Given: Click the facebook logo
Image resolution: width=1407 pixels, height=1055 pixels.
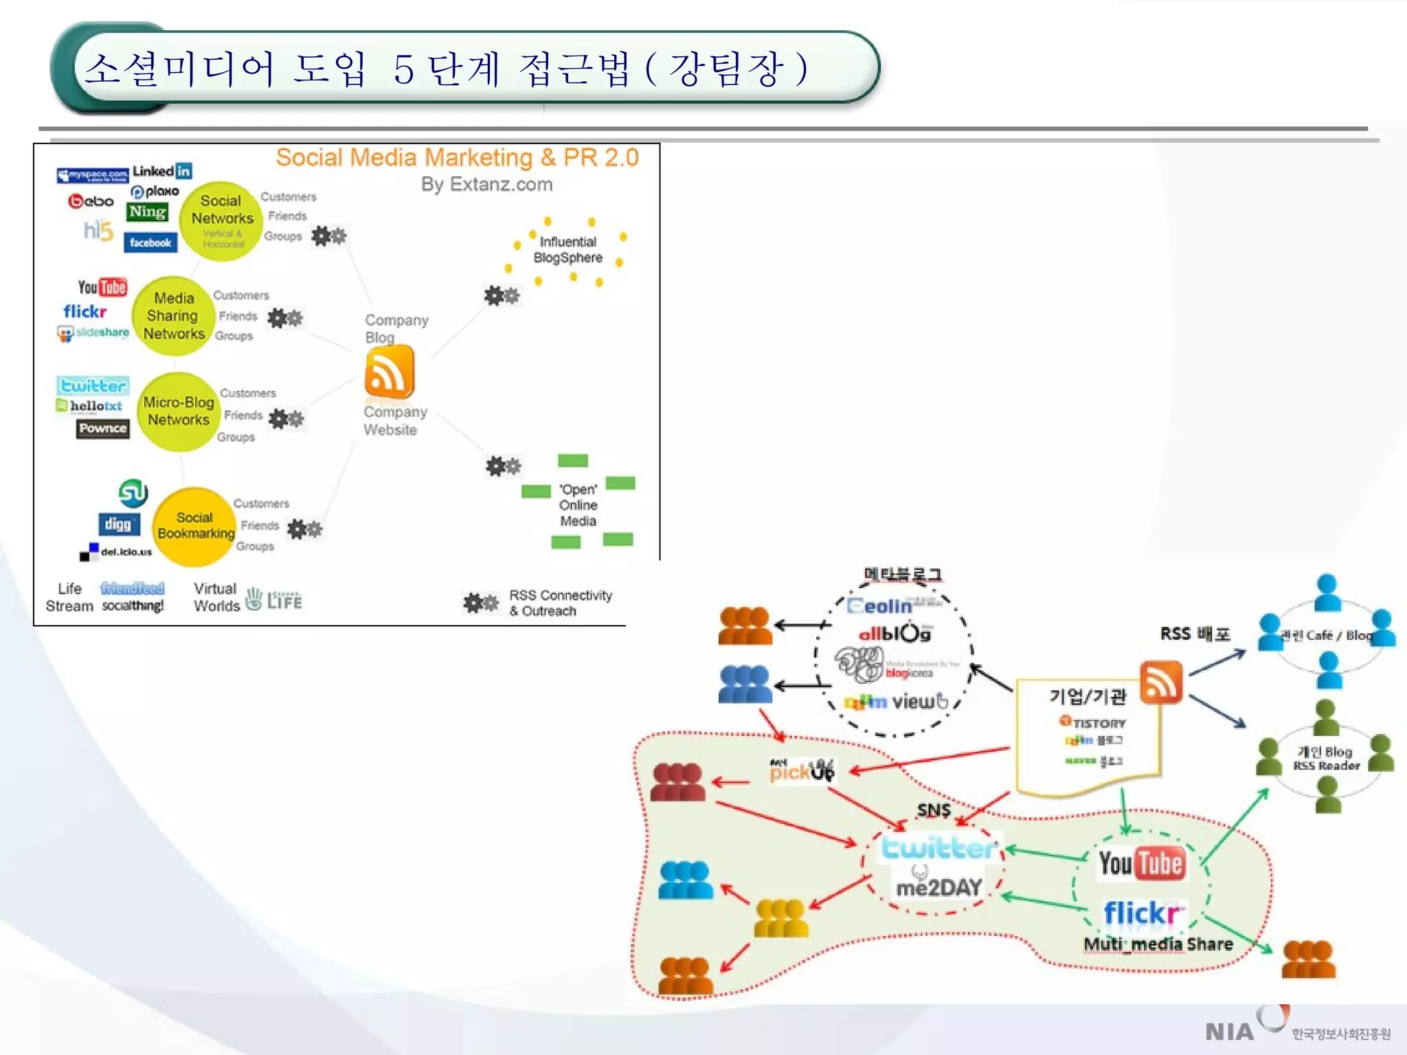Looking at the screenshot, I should (x=150, y=242).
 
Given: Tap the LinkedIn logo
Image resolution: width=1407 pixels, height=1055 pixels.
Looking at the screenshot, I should (x=162, y=170).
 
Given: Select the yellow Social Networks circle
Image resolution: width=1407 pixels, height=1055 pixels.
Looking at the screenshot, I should (x=221, y=220).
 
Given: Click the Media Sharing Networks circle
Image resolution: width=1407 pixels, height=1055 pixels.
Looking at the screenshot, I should (x=173, y=316).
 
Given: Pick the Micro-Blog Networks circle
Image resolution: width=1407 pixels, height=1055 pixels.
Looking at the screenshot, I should (x=178, y=411).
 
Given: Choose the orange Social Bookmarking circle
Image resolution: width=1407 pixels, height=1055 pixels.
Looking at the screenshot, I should (x=195, y=527).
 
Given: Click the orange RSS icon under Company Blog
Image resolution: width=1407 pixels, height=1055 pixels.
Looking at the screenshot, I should (x=390, y=372).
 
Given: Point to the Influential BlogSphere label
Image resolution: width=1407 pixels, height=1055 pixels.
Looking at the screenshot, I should (x=567, y=250).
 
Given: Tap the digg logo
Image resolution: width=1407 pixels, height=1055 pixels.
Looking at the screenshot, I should (x=118, y=525).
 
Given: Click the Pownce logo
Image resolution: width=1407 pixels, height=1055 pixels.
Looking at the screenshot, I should (x=102, y=429).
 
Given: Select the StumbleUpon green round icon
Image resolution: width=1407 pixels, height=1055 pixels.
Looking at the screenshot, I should (x=133, y=492).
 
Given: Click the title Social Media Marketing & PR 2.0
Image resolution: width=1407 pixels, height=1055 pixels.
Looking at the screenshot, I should (x=457, y=157).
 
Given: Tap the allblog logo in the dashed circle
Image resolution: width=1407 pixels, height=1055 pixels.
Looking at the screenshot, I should (x=894, y=633).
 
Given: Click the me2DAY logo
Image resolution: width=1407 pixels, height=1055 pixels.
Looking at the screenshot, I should (x=938, y=888).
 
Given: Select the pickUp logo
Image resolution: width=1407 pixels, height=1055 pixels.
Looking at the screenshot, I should (x=802, y=771).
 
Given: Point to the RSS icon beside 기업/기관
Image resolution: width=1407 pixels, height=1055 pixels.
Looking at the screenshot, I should (x=1161, y=683).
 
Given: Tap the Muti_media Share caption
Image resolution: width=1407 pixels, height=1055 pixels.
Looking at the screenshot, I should (x=1158, y=944).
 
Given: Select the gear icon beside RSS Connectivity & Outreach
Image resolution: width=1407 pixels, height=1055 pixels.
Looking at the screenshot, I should (x=480, y=603).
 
